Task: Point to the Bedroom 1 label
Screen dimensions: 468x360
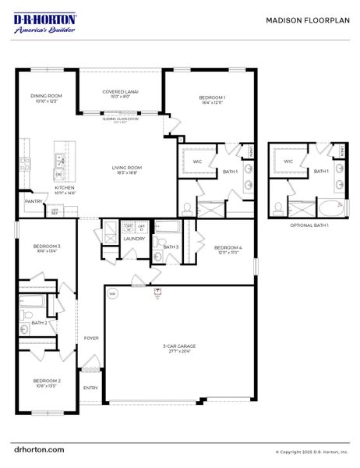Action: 211,99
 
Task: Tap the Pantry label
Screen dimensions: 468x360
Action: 33,201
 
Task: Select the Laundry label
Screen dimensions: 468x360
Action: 134,239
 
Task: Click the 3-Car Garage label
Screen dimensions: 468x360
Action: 179,348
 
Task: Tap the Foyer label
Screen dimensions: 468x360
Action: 90,338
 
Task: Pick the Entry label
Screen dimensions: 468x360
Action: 90,388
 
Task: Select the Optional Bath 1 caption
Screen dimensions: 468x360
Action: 309,225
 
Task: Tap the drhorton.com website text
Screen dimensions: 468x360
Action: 39,450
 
